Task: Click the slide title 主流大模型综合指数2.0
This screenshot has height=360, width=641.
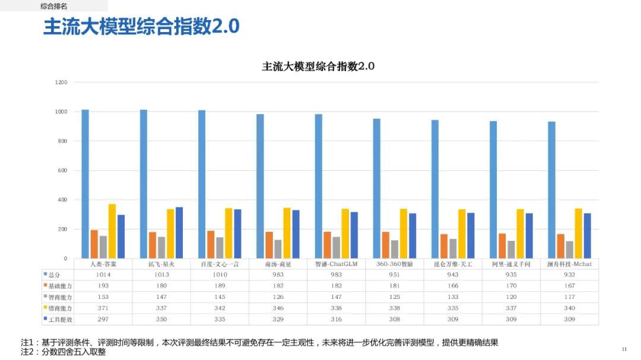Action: pyautogui.click(x=141, y=27)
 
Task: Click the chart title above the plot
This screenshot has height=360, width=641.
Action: pyautogui.click(x=318, y=66)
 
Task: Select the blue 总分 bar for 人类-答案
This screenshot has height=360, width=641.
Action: pyautogui.click(x=85, y=184)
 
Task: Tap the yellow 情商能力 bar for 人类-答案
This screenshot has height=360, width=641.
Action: pyautogui.click(x=112, y=231)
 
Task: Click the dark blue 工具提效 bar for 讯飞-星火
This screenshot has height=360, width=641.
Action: pyautogui.click(x=179, y=232)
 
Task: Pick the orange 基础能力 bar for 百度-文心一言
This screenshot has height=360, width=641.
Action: pyautogui.click(x=211, y=244)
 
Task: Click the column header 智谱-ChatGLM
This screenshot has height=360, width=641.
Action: pyautogui.click(x=336, y=264)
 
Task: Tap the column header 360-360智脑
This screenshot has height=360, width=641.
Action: pyautogui.click(x=394, y=264)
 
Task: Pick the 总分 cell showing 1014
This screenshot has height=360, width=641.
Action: pyautogui.click(x=103, y=275)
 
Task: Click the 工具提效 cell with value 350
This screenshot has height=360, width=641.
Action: pyautogui.click(x=161, y=320)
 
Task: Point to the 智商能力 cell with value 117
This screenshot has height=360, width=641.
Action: pyautogui.click(x=569, y=297)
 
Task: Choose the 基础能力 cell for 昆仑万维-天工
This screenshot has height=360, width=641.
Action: pyautogui.click(x=453, y=286)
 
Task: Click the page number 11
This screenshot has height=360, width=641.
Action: pyautogui.click(x=624, y=349)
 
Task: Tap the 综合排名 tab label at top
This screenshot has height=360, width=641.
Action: pyautogui.click(x=54, y=6)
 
